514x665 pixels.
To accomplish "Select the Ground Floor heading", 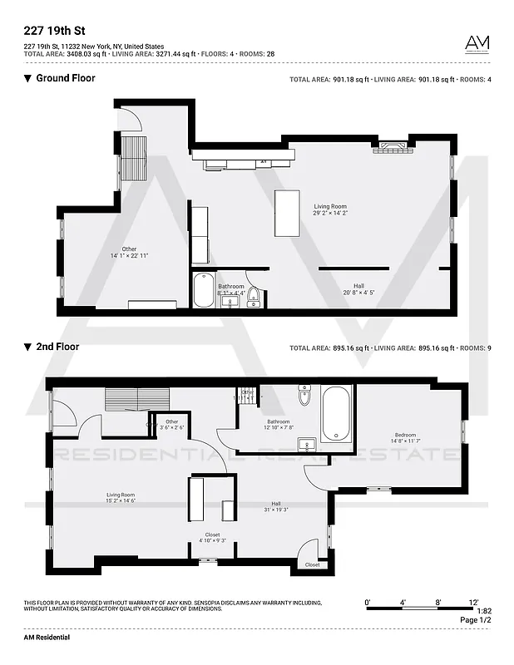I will point(65,78).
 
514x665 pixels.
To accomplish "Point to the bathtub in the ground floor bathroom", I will point(204,291).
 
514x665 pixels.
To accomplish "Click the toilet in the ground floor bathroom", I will point(254,297).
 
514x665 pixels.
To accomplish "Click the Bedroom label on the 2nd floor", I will point(405,438).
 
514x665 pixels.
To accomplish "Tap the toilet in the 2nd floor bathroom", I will point(304,397).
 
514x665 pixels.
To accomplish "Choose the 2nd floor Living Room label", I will point(121,497).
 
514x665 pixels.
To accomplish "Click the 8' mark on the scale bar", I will point(437,601).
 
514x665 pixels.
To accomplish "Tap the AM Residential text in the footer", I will point(47,637).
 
